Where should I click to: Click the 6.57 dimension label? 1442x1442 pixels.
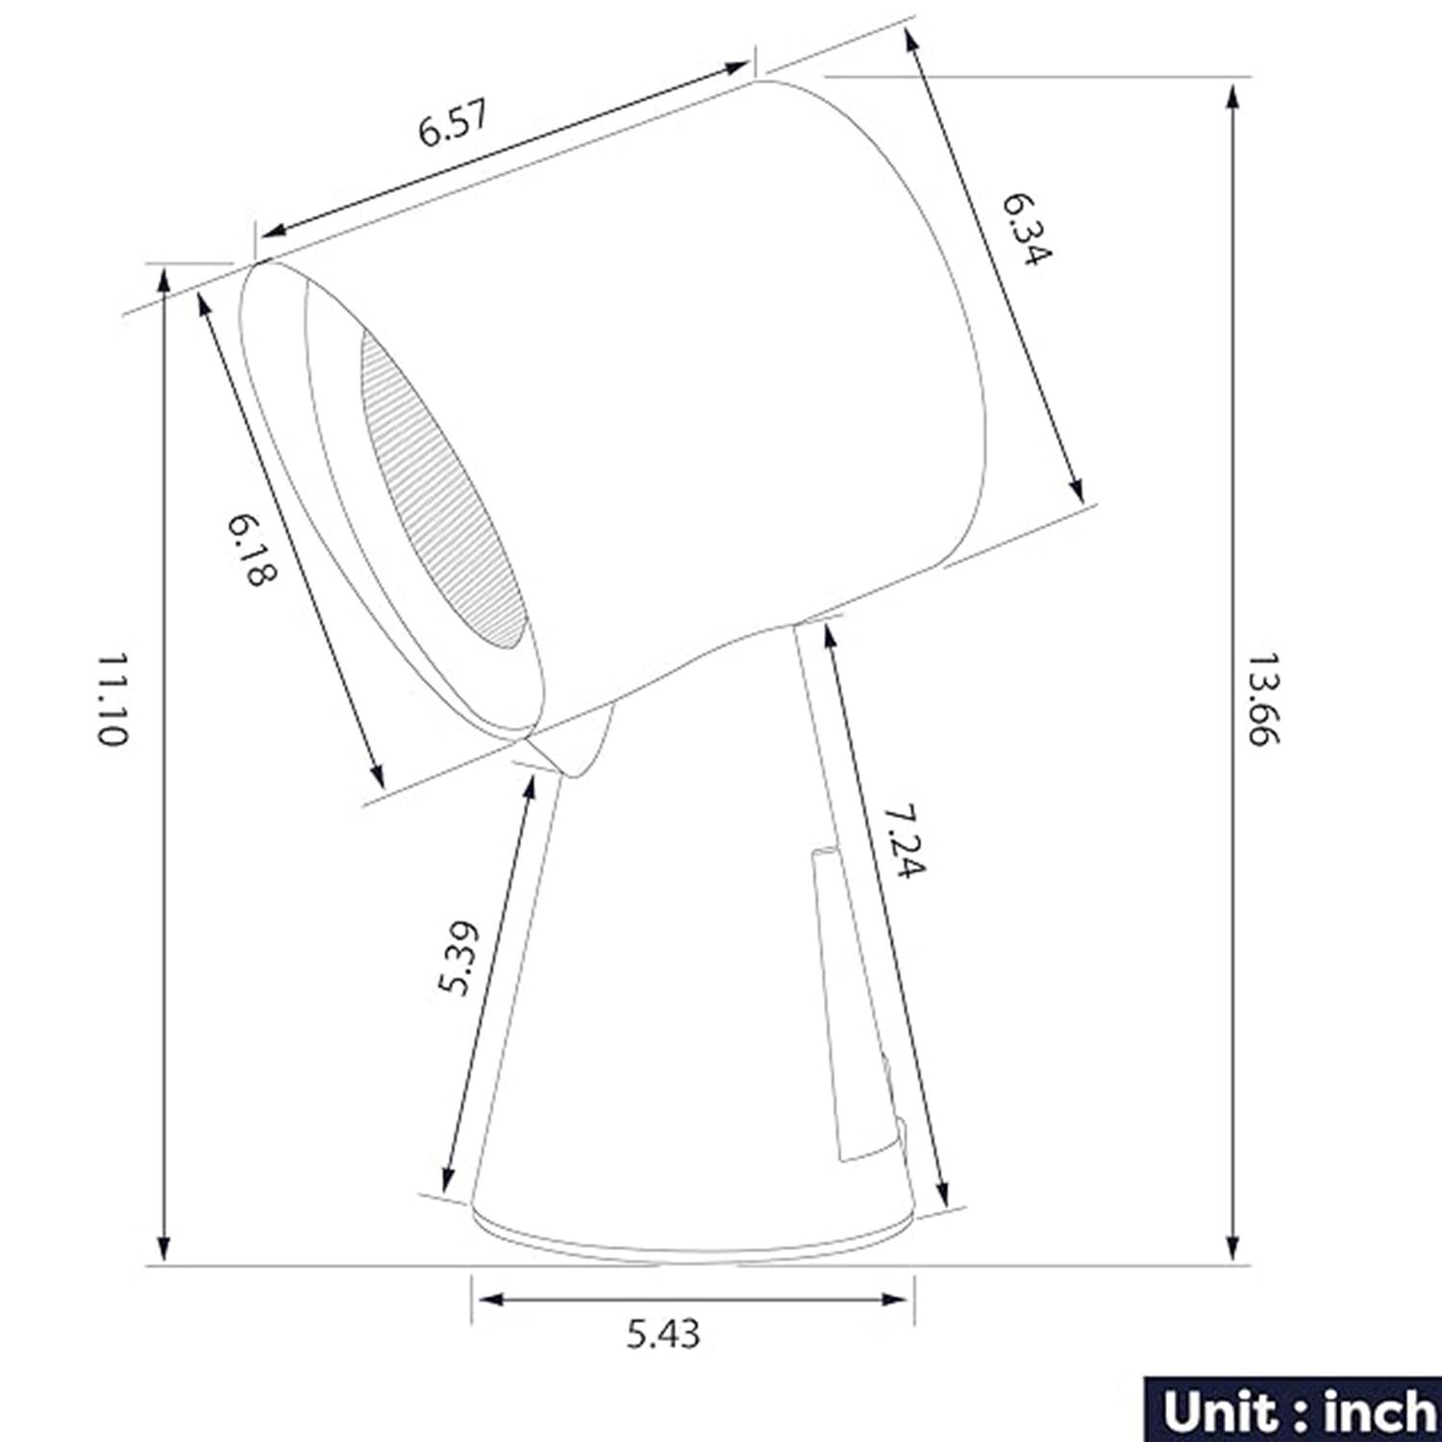[454, 122]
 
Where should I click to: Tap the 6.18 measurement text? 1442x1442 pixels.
[253, 549]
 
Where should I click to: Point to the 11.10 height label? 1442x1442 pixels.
[112, 700]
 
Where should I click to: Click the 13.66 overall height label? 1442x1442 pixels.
[1263, 699]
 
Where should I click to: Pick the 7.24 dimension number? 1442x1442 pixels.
[904, 840]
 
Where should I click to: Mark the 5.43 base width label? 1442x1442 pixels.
[663, 1333]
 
